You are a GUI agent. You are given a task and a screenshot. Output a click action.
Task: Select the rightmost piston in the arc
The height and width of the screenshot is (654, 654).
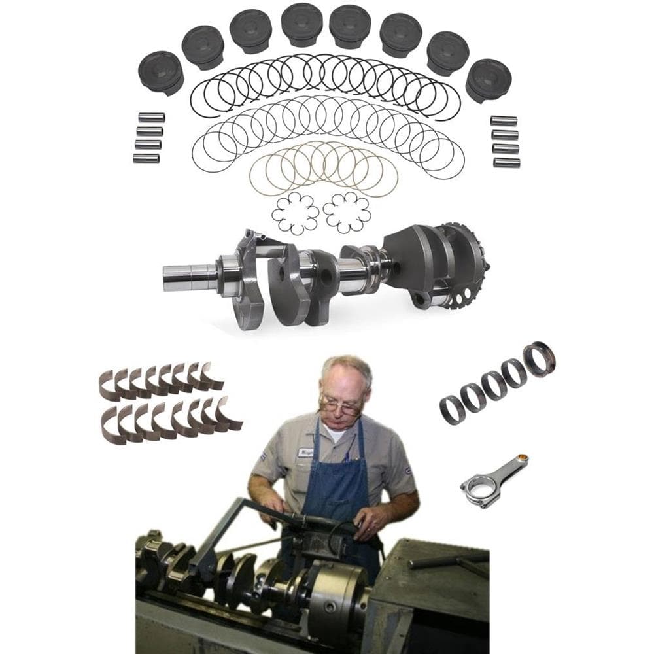tap(489, 79)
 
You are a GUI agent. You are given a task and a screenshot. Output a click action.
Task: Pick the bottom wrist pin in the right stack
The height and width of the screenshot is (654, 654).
tap(506, 162)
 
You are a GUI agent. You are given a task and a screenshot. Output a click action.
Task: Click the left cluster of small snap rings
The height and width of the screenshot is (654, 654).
tap(295, 213)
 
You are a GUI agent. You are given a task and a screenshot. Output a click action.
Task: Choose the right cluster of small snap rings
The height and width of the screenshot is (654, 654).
tap(347, 213)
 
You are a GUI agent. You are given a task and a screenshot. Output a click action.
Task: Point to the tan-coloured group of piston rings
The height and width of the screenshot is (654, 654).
tap(323, 167)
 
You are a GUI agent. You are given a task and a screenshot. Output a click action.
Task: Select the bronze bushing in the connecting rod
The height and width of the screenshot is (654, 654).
tap(523, 458)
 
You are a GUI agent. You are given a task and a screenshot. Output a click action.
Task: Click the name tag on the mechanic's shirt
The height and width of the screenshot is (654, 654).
tap(305, 452)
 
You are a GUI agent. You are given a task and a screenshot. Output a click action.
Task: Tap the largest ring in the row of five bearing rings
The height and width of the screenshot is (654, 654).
tap(539, 359)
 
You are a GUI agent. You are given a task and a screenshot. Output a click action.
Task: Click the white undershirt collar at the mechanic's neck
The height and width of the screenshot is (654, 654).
tap(337, 432)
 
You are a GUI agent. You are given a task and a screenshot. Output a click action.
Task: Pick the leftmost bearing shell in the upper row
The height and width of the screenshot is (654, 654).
tap(109, 386)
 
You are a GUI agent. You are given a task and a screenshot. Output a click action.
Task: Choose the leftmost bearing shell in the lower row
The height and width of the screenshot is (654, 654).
tap(112, 426)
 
